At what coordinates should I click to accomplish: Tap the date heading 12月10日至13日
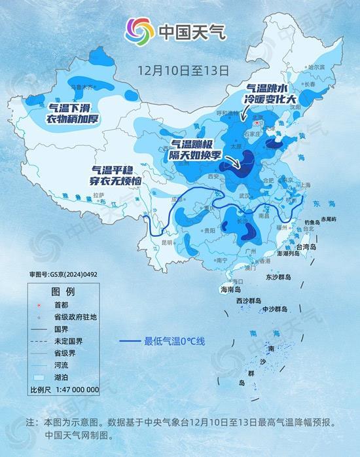[x=183, y=69]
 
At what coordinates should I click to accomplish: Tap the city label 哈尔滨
[x=317, y=67]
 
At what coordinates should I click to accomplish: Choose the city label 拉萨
[x=99, y=194]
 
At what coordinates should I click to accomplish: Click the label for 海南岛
[x=230, y=289]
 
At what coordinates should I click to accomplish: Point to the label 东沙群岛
[x=281, y=278]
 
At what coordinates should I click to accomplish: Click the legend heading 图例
[x=63, y=291]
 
